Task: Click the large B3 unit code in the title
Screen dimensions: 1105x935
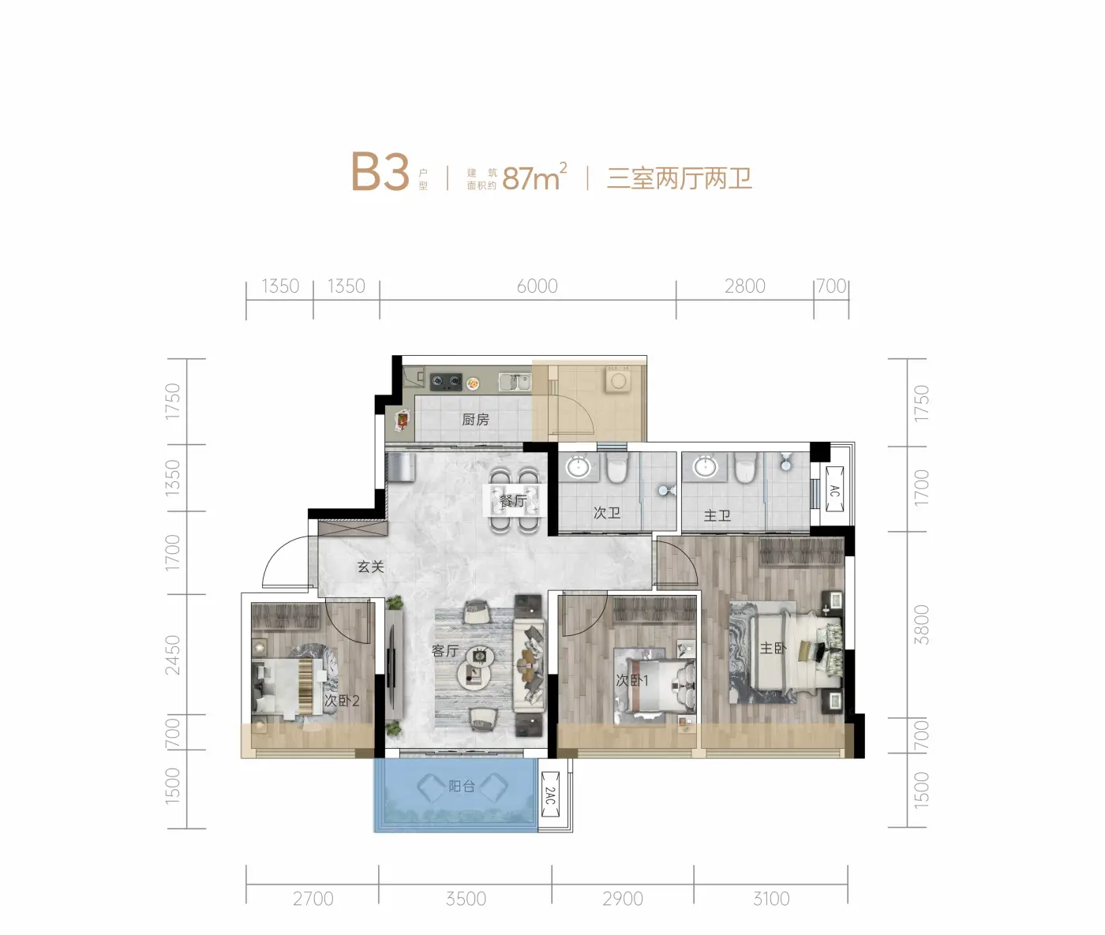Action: click(x=380, y=171)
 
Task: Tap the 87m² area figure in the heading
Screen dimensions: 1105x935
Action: click(x=534, y=177)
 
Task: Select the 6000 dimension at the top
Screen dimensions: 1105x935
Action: click(x=537, y=286)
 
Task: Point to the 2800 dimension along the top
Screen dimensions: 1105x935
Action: click(x=744, y=286)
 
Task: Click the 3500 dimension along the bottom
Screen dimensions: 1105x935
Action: click(x=466, y=899)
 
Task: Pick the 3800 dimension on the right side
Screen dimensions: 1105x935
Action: click(x=921, y=624)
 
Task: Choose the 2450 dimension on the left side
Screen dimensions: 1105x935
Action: click(x=172, y=655)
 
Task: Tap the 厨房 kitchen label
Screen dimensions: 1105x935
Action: click(x=475, y=420)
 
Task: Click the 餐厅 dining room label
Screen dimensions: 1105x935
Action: click(x=513, y=500)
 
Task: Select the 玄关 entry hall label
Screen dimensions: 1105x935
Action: click(x=370, y=567)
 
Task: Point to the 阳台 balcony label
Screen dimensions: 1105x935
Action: click(x=462, y=786)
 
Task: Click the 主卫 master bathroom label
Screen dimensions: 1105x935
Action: click(x=717, y=515)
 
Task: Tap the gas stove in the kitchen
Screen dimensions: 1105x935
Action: click(x=447, y=381)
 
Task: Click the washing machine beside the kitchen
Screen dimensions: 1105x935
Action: click(x=619, y=381)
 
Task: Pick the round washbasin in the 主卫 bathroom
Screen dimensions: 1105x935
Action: click(x=705, y=467)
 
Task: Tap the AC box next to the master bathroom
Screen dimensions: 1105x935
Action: click(x=834, y=489)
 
